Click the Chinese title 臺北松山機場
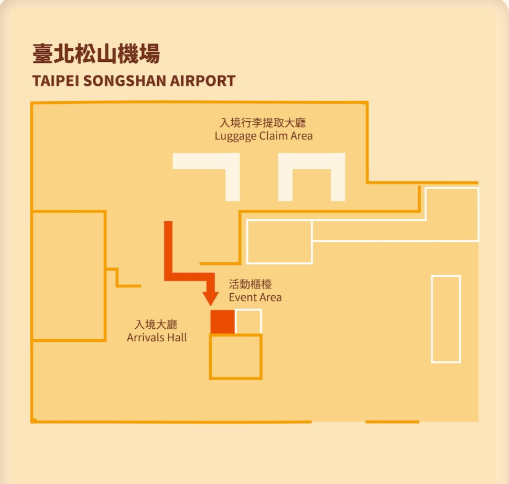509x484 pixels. (96, 54)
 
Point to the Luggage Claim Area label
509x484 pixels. (264, 136)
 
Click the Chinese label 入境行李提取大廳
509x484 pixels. (263, 123)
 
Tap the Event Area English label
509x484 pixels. (255, 297)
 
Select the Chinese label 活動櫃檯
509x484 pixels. (251, 285)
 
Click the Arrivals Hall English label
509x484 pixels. (157, 337)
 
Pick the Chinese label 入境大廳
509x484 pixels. (156, 325)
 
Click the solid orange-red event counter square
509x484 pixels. (222, 321)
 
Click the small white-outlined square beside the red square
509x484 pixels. (248, 321)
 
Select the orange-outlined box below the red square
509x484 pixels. (235, 357)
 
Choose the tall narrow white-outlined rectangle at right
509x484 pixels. (446, 319)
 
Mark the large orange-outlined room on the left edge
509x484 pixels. (69, 276)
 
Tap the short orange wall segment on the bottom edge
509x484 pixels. (392, 422)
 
